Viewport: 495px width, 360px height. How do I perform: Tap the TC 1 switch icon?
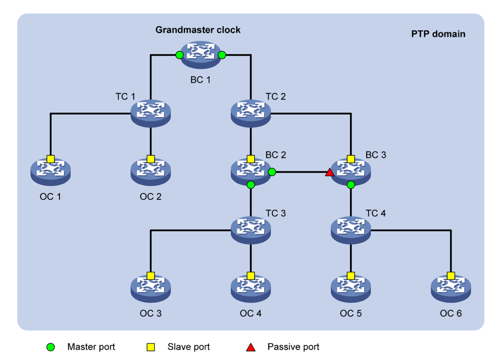[150, 113]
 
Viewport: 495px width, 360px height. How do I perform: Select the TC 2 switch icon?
[250, 113]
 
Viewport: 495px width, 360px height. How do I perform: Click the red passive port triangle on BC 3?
[330, 172]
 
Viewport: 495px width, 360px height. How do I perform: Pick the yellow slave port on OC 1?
[50, 159]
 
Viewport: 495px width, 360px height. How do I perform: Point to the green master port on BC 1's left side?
[179, 55]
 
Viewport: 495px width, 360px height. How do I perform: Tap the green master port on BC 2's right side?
[272, 172]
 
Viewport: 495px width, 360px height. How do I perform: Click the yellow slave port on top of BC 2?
[250, 159]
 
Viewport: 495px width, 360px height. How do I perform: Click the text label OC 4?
[250, 313]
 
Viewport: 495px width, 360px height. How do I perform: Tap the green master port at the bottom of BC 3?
[351, 185]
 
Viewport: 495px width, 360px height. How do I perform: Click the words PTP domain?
[438, 34]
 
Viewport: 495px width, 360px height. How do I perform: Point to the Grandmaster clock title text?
[198, 30]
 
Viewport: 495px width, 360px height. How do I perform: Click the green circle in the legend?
[51, 347]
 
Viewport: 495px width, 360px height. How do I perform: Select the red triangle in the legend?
[250, 347]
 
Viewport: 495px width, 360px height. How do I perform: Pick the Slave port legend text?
[188, 347]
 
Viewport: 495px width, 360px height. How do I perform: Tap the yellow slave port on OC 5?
[351, 276]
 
